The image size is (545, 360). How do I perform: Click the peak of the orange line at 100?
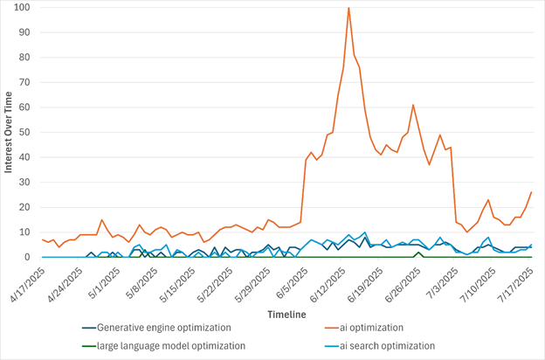point(348,8)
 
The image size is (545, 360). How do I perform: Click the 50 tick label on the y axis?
point(26,133)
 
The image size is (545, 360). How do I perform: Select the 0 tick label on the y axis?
point(29,258)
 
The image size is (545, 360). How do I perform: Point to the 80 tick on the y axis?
point(26,58)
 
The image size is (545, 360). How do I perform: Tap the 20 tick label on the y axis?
point(26,208)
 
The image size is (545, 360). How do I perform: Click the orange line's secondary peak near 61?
point(413,105)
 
